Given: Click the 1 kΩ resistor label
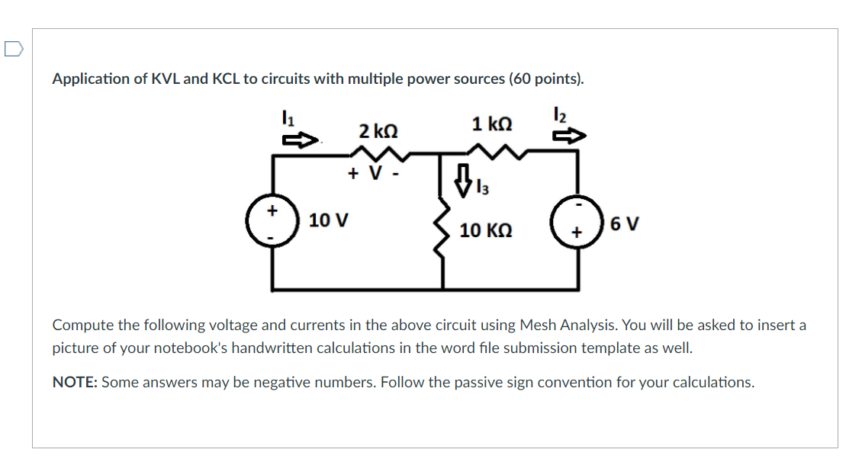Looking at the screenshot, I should (492, 124).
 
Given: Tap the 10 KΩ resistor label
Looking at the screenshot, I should (486, 229).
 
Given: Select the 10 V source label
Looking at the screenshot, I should (329, 221).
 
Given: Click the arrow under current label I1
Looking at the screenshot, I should (300, 140).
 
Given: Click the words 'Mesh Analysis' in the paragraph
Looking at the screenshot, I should (568, 325).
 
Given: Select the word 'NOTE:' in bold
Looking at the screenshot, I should (74, 382).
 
